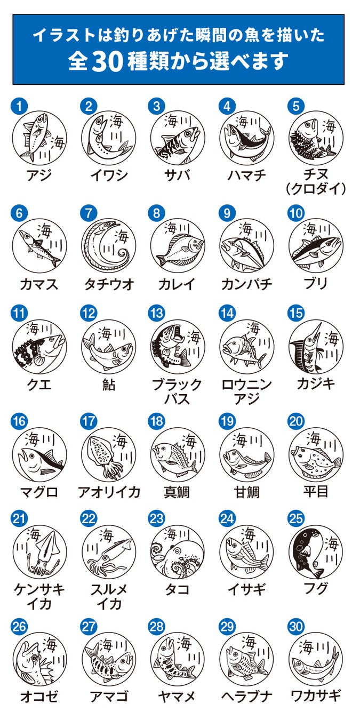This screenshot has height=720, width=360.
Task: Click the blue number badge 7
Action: click(x=88, y=213)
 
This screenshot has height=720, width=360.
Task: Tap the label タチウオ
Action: click(x=109, y=284)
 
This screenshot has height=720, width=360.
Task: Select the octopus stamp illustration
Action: click(x=178, y=553)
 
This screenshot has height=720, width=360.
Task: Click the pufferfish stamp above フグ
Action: click(x=316, y=553)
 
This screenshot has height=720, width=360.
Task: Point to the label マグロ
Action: click(x=39, y=492)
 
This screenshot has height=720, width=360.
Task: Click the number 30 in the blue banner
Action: click(x=108, y=62)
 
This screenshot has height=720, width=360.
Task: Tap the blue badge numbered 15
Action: click(x=295, y=313)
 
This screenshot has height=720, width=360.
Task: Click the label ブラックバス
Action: click(x=177, y=391)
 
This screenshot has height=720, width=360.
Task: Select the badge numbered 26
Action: click(x=19, y=626)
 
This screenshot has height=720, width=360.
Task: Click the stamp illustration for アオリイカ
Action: click(x=109, y=455)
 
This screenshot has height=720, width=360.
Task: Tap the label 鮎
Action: click(x=109, y=385)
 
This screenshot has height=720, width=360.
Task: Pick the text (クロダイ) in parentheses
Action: click(x=316, y=189)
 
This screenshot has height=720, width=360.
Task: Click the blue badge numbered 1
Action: click(x=19, y=106)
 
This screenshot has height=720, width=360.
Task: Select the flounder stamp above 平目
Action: click(x=316, y=455)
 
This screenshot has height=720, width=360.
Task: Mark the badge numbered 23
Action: click(x=157, y=518)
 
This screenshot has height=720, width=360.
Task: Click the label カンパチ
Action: click(x=246, y=284)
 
